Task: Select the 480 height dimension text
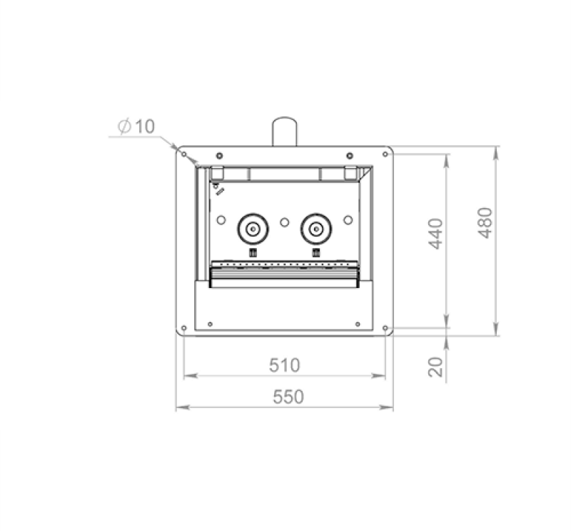(x=485, y=222)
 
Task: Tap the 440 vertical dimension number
(x=437, y=234)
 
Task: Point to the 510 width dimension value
(x=284, y=365)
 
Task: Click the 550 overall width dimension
(x=284, y=397)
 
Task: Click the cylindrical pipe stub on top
(x=284, y=131)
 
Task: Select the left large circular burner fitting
(x=253, y=229)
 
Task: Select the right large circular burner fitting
(x=315, y=229)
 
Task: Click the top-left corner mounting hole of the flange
(x=184, y=154)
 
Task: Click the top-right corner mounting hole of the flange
(x=385, y=154)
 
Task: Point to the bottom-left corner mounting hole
(x=184, y=329)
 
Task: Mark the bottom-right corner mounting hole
(x=385, y=329)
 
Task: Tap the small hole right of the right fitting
(x=348, y=220)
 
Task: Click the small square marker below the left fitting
(x=253, y=252)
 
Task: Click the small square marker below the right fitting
(x=315, y=252)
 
